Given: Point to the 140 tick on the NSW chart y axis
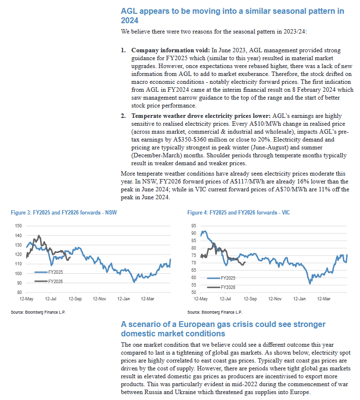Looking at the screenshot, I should click(x=18, y=235).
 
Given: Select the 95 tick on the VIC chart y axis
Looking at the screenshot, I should click(x=195, y=225).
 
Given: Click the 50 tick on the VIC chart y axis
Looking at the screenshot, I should click(x=195, y=292).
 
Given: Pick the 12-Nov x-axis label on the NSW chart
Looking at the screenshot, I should click(x=100, y=299).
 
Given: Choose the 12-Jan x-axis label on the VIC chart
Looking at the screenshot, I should click(x=300, y=299).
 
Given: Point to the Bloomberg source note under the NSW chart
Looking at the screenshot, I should click(x=39, y=313).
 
